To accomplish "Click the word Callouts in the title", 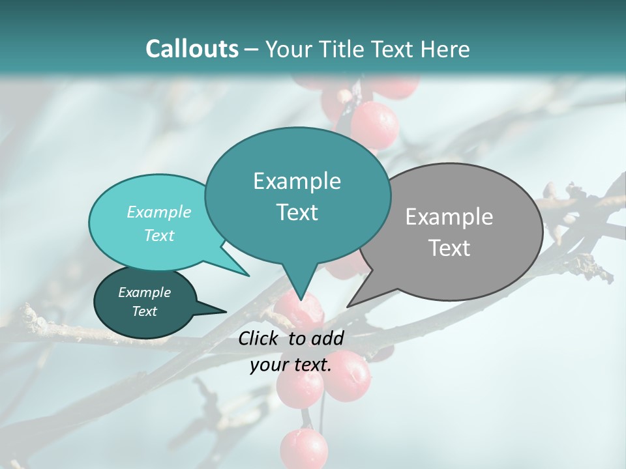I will pos(192,49).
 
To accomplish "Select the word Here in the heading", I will pos(446,49).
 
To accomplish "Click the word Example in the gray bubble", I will pos(449,217).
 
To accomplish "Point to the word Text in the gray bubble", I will pos(449,248).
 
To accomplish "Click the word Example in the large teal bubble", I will pos(297,181).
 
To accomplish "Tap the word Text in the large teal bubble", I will pos(297,212).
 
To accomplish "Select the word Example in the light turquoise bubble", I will pos(159,212).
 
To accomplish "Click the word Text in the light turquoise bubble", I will pos(159,235).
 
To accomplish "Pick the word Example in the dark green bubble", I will pos(144,292).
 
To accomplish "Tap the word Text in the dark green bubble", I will pos(144,311).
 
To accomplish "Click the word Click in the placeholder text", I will pos(259,338).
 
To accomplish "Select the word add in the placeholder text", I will pos(327,338).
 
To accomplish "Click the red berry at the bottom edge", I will pos(304,449).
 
